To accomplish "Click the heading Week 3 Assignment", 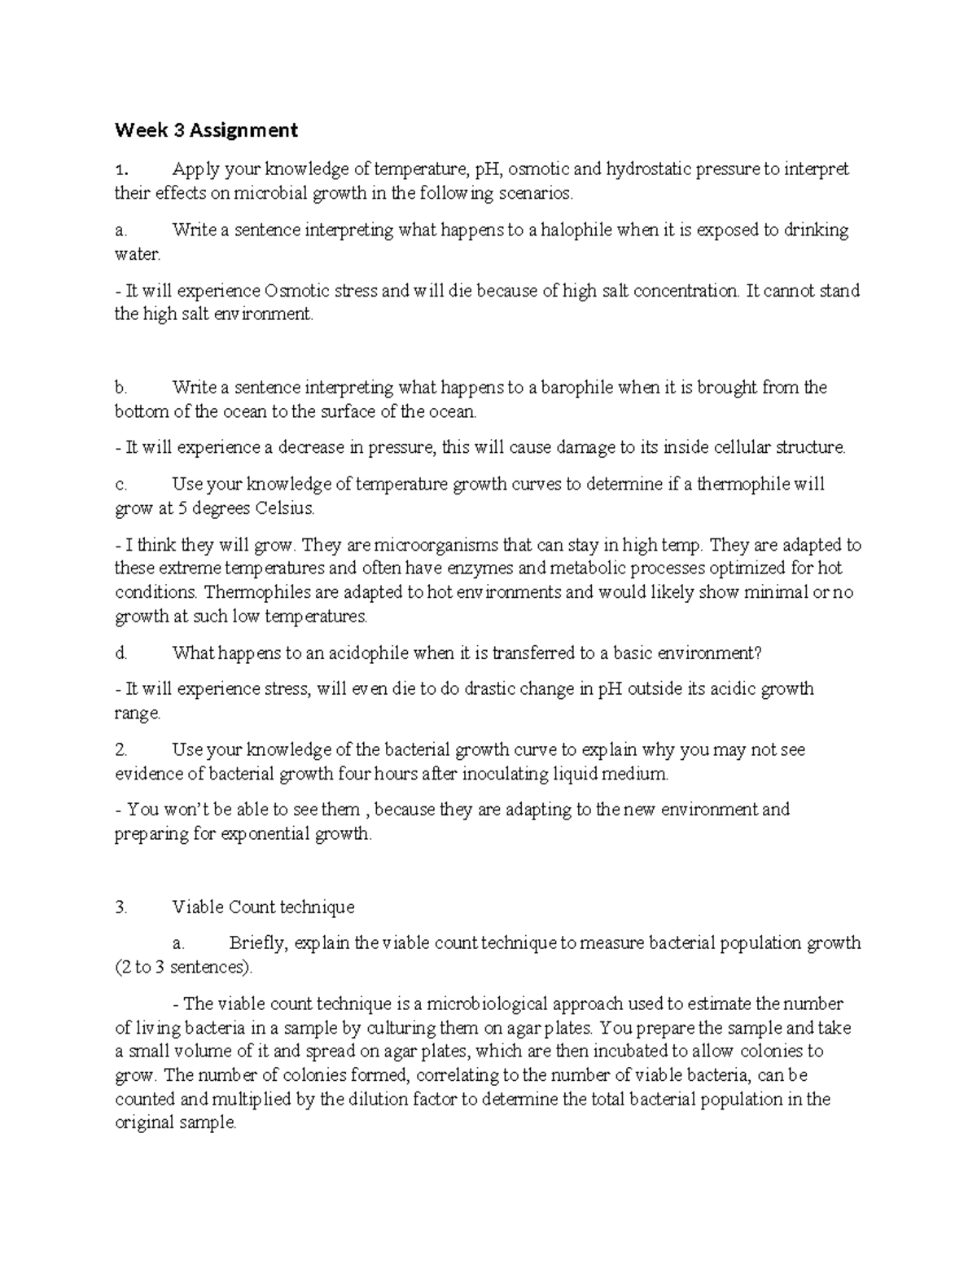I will pos(206,130).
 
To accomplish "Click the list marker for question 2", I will pos(120,749).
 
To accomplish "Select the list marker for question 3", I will pos(120,907).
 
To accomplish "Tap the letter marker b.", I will pos(120,388).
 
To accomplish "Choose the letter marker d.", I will pos(120,653).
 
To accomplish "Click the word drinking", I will pos(816,231).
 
